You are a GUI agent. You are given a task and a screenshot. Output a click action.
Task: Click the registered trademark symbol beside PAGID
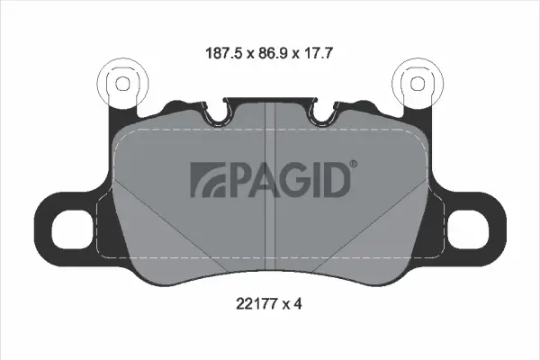pyautogui.click(x=353, y=165)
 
